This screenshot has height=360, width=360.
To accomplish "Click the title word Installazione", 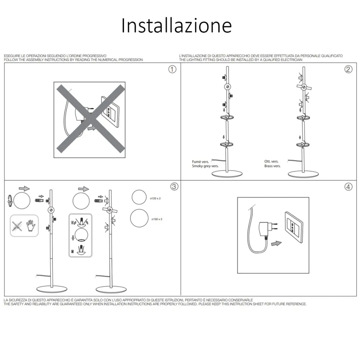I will point(176,26).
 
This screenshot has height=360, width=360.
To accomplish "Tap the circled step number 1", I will point(173,69).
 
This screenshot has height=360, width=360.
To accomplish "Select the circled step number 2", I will point(348,69).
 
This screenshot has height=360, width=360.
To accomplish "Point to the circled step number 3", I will point(174,186).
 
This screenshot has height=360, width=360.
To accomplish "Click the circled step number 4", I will point(348,186).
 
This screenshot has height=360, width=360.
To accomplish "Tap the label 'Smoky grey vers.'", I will point(205,166).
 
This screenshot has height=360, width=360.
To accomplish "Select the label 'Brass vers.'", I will point(273,166).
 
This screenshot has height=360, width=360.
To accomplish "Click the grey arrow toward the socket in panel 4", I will point(276,243).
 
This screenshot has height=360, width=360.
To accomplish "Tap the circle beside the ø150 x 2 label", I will point(139,219).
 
